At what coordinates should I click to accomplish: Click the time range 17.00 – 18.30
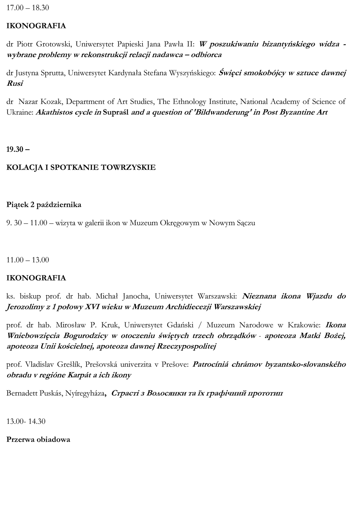[x=28, y=8]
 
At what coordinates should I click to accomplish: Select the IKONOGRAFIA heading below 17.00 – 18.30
[x=36, y=26]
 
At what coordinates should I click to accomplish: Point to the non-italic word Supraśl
[x=116, y=113]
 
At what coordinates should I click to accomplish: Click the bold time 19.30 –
[x=18, y=149]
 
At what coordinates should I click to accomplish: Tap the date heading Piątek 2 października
[x=44, y=205]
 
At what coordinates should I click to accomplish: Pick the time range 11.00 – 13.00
[x=28, y=260]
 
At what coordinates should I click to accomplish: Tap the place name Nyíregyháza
[x=85, y=393]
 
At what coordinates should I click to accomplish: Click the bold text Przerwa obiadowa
[x=38, y=439]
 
